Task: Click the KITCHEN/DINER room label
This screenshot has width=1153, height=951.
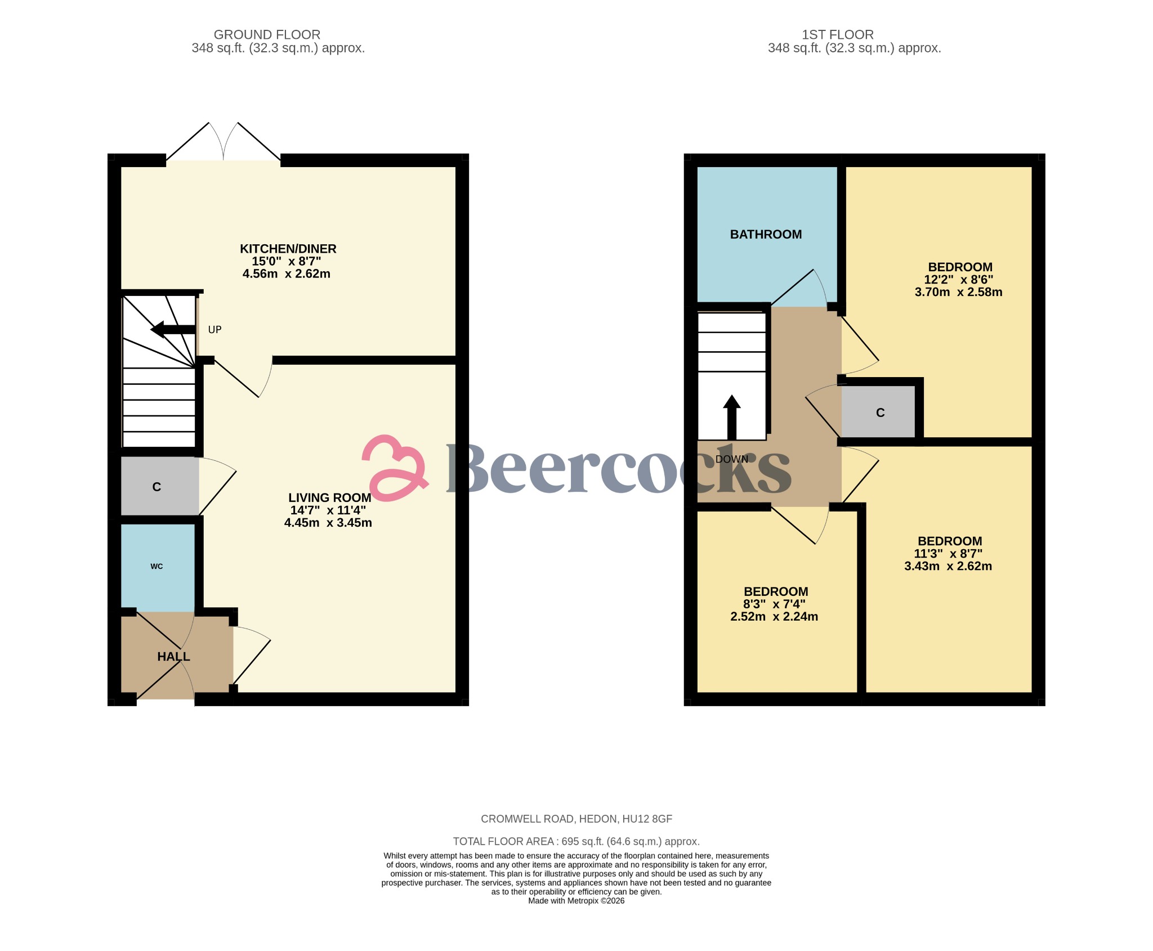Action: click(288, 249)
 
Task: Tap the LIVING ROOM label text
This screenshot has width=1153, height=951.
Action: click(329, 497)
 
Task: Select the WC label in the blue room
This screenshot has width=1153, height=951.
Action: click(157, 566)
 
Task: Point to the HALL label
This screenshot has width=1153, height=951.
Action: click(173, 657)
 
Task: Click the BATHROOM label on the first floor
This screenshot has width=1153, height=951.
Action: click(766, 235)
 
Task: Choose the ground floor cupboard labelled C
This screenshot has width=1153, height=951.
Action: click(157, 487)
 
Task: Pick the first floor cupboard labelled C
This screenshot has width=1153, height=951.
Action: click(881, 413)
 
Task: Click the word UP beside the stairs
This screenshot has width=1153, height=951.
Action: click(214, 330)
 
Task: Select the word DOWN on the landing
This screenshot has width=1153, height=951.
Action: click(732, 459)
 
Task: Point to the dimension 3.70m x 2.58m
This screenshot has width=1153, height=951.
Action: click(958, 292)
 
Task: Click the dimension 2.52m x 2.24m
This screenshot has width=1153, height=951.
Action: click(774, 617)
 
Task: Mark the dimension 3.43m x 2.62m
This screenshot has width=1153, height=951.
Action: click(948, 566)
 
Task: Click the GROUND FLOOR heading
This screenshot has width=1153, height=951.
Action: click(267, 35)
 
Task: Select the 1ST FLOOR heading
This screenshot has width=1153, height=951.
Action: click(837, 35)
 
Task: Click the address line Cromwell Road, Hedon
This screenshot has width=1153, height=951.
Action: click(576, 819)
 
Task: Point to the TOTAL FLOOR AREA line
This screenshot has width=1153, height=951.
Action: click(576, 841)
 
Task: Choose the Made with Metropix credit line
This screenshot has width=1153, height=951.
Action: click(576, 901)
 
